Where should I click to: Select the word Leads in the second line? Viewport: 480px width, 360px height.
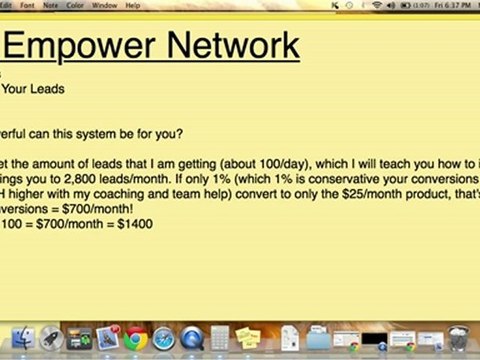click(47, 88)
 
